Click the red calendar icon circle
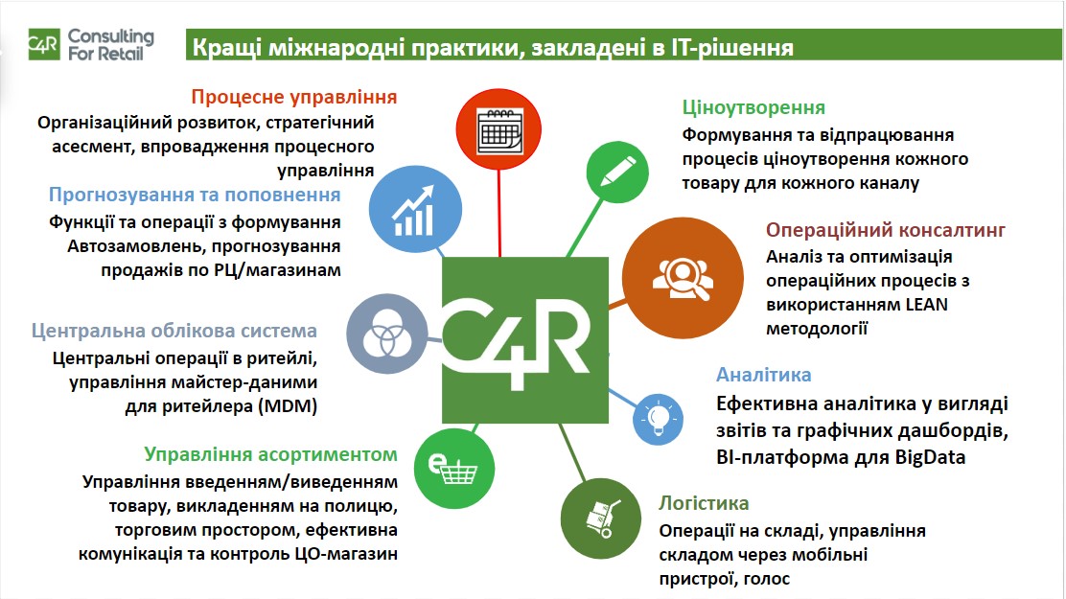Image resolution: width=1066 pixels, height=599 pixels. click(x=498, y=129)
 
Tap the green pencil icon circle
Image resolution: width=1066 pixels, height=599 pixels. click(x=617, y=172)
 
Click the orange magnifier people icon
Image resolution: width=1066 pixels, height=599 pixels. click(x=683, y=278)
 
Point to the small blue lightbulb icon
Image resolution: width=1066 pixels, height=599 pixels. click(x=658, y=419)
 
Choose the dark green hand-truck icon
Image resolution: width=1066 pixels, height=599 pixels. click(x=601, y=518)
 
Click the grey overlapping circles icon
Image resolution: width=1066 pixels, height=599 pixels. click(x=387, y=334)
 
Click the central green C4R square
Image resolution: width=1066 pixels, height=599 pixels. click(x=524, y=340)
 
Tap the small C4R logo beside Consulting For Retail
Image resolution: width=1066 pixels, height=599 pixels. click(x=44, y=44)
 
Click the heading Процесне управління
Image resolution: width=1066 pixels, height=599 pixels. click(x=294, y=97)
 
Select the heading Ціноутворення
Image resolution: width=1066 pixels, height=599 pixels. click(x=753, y=107)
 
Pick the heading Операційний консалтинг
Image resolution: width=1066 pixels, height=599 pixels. click(x=885, y=230)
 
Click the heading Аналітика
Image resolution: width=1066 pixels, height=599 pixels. click(x=763, y=375)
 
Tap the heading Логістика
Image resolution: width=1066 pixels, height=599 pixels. click(x=704, y=503)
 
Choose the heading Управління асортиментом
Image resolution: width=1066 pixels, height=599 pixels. click(x=270, y=454)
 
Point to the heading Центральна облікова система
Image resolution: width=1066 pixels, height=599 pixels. click(x=174, y=331)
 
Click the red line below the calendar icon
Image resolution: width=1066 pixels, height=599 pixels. click(x=499, y=214)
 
